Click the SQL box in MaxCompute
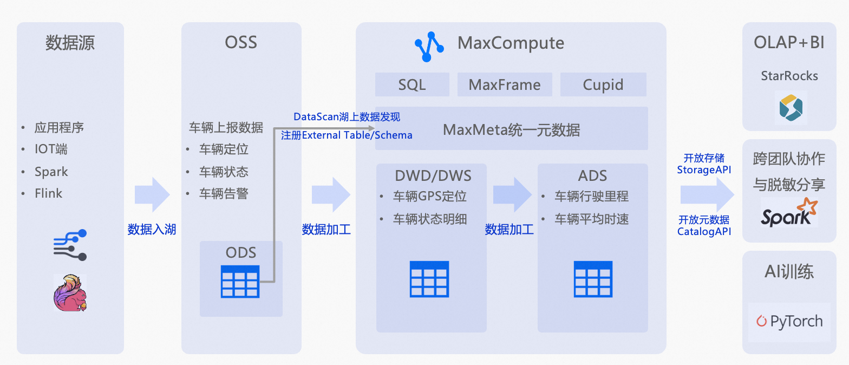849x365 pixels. pyautogui.click(x=412, y=85)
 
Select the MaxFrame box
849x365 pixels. pyautogui.click(x=505, y=85)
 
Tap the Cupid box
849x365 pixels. pyautogui.click(x=603, y=85)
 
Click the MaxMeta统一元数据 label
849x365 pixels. pyautogui.click(x=511, y=130)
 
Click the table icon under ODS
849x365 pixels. pyautogui.click(x=240, y=282)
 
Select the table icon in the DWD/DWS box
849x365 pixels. pyautogui.click(x=429, y=279)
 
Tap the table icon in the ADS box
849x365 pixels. pyautogui.click(x=593, y=279)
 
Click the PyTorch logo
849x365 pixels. pyautogui.click(x=789, y=321)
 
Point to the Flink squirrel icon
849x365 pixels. pyautogui.click(x=70, y=292)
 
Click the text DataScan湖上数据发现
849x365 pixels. pyautogui.click(x=347, y=117)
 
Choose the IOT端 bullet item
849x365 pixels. pyautogui.click(x=51, y=149)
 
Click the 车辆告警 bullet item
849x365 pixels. pyautogui.click(x=224, y=194)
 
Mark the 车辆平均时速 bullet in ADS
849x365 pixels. pyautogui.click(x=591, y=219)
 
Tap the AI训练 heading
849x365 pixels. pyautogui.click(x=789, y=271)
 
